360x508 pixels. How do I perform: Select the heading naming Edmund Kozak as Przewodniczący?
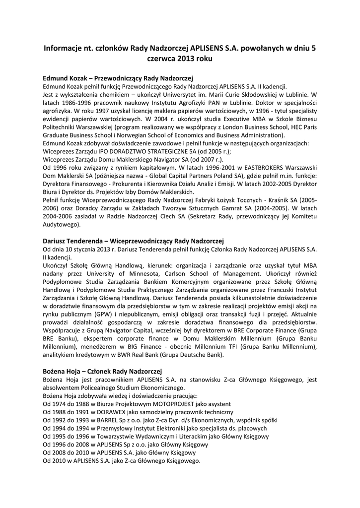tap(118, 78)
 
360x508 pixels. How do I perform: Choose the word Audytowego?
tap(61, 224)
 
